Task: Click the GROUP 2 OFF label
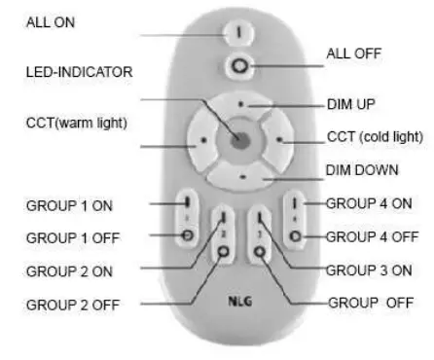[72, 304]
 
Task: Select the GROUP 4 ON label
[368, 203]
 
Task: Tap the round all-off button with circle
[237, 65]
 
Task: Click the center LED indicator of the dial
[239, 139]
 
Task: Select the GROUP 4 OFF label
[371, 235]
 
